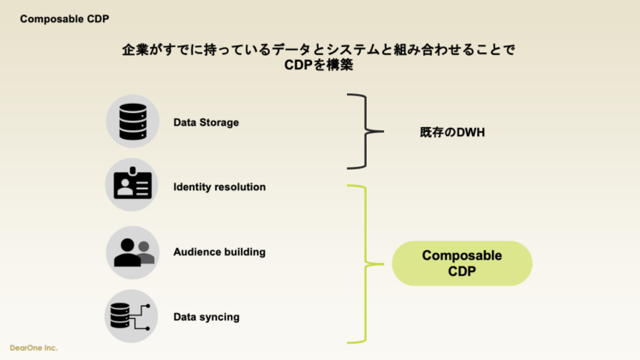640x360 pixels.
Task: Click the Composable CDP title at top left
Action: [64, 18]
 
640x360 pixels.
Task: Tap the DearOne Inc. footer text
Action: [33, 349]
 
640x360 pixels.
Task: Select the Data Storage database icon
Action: [132, 122]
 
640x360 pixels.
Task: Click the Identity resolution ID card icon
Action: [132, 185]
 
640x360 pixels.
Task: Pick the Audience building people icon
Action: [132, 251]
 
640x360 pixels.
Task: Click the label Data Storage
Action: [206, 123]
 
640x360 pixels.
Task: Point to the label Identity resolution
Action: [219, 187]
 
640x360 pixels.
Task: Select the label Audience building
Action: [219, 252]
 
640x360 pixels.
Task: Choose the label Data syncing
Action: [206, 317]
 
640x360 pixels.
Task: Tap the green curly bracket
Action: [366, 263]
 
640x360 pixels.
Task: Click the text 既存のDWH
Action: [452, 133]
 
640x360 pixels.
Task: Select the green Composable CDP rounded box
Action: [462, 263]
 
